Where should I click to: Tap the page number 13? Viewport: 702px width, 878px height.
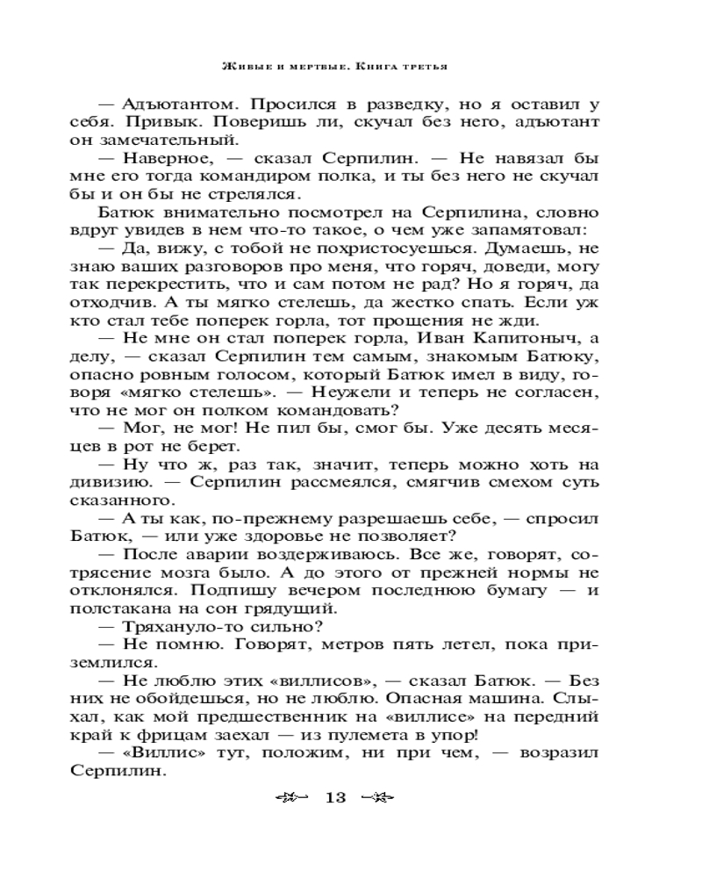336,798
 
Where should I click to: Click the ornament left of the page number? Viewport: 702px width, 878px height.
293,798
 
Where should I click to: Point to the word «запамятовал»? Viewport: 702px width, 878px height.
526,230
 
